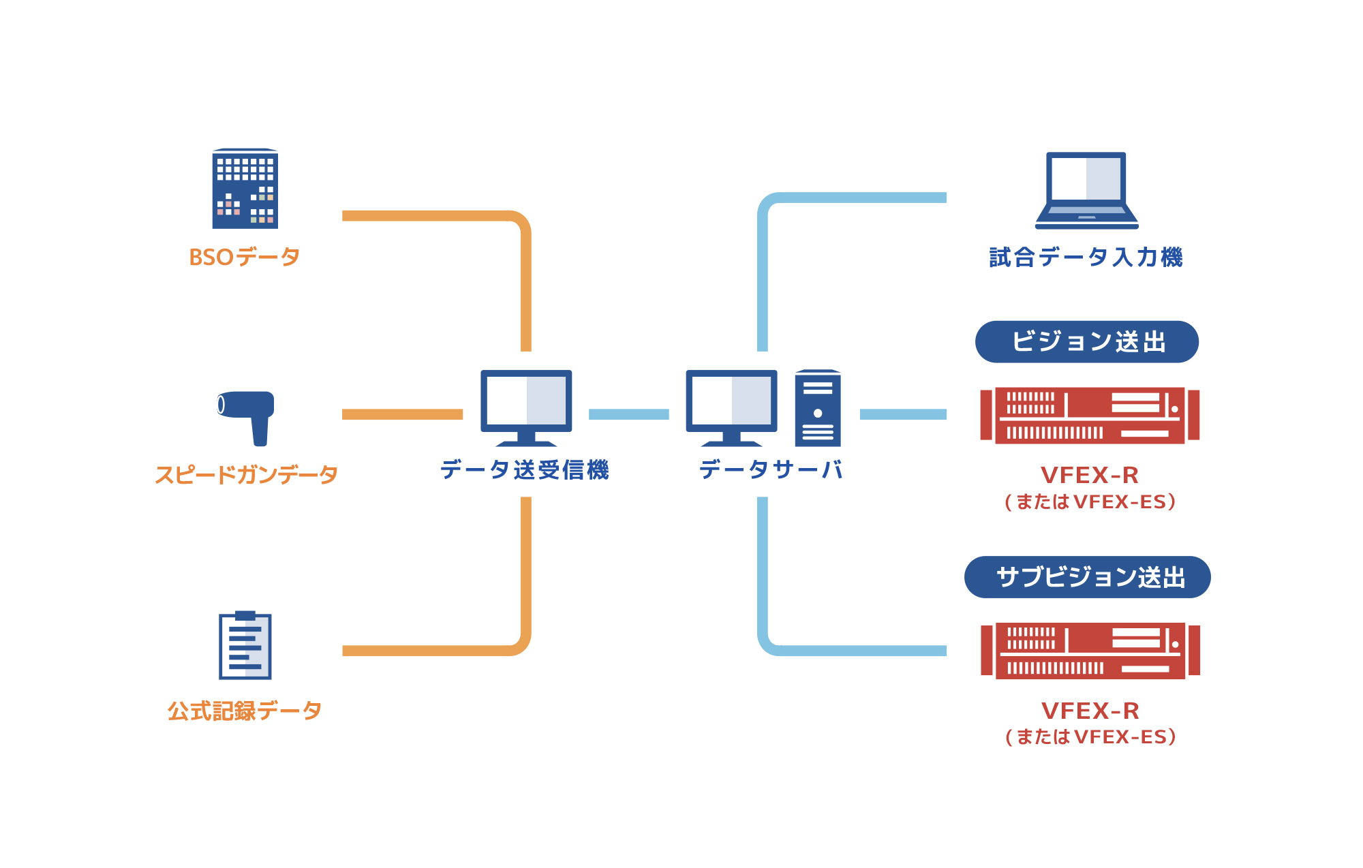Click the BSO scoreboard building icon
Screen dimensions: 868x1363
(x=245, y=189)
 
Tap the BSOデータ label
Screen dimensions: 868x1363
(x=245, y=258)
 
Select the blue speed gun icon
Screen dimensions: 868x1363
(x=246, y=416)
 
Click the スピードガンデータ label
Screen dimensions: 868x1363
(x=246, y=474)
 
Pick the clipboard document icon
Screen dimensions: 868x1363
(x=245, y=645)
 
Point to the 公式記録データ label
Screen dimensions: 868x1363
(x=245, y=711)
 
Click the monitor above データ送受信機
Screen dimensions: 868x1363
(x=526, y=406)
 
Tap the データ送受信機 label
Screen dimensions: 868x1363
(x=525, y=469)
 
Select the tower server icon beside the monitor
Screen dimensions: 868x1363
(x=818, y=408)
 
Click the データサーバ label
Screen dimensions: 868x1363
(x=771, y=469)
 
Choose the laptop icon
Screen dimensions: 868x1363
(x=1087, y=190)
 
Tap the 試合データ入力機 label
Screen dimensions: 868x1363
(x=1086, y=258)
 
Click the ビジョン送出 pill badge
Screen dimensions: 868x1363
(x=1087, y=342)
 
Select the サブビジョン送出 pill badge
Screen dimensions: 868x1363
(x=1088, y=577)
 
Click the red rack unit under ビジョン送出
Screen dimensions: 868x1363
(x=1090, y=416)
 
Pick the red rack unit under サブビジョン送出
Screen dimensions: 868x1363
(x=1090, y=651)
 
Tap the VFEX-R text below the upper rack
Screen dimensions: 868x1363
(x=1090, y=475)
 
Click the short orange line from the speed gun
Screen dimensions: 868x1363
(x=402, y=414)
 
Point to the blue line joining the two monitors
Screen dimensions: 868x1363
(x=628, y=414)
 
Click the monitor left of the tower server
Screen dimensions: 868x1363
(x=731, y=406)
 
